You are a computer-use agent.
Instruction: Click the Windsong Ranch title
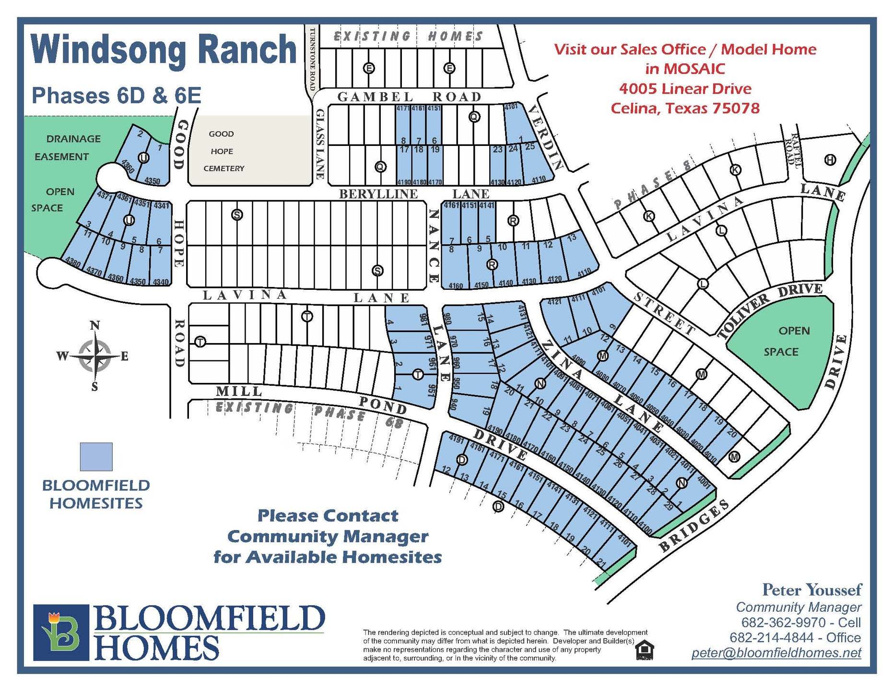click(x=164, y=50)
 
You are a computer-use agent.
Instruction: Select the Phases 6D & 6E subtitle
click(x=116, y=95)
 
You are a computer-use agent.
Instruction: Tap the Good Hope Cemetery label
click(x=223, y=151)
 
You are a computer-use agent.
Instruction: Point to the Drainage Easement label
click(x=67, y=147)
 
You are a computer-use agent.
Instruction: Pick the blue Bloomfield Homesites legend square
click(x=96, y=456)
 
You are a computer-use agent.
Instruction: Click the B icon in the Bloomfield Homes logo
click(x=61, y=632)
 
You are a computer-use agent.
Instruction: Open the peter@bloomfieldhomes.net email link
click(x=776, y=653)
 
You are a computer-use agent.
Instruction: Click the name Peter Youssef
click(x=812, y=590)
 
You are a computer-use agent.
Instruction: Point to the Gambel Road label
click(x=409, y=97)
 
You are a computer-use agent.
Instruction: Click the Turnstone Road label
click(x=313, y=59)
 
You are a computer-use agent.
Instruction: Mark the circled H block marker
click(x=830, y=160)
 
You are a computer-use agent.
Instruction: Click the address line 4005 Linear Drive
click(x=685, y=89)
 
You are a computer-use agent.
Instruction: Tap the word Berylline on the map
click(x=378, y=194)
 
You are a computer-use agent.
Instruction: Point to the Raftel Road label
click(x=793, y=151)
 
